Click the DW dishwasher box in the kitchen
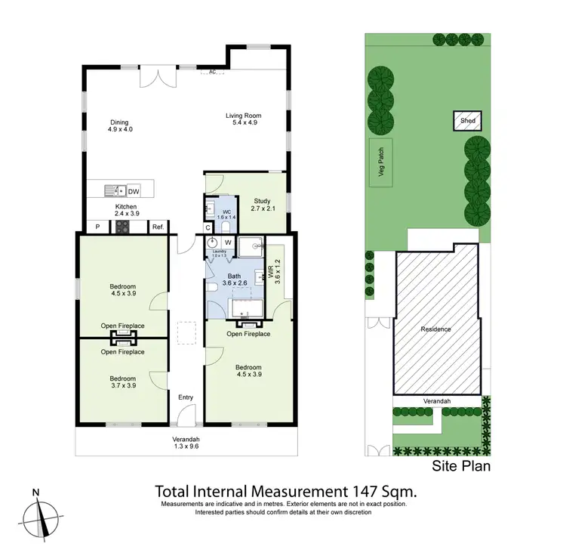(134, 191)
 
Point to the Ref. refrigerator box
(158, 227)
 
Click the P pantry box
(98, 227)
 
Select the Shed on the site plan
(463, 120)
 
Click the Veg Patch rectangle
(381, 162)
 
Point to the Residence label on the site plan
(436, 329)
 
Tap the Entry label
(185, 397)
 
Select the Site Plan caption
(460, 466)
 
